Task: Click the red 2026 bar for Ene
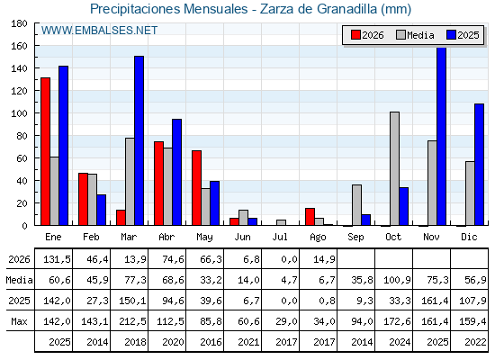[45, 151]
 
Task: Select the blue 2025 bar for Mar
[139, 140]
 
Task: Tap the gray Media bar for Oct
[395, 169]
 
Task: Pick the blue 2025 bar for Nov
[442, 136]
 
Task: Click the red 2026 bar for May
[197, 188]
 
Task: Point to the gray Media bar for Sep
[356, 205]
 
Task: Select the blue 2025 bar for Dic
[479, 165]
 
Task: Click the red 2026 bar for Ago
[310, 217]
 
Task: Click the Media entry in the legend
[415, 35]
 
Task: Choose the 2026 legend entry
[367, 35]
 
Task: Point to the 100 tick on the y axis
[19, 113]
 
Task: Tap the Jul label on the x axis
[280, 237]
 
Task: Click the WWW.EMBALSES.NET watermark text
[99, 31]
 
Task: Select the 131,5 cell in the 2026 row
[57, 259]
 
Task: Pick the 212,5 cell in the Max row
[132, 321]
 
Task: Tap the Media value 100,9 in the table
[397, 280]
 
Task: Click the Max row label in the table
[19, 321]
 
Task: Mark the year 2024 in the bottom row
[400, 342]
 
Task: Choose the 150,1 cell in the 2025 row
[132, 301]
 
